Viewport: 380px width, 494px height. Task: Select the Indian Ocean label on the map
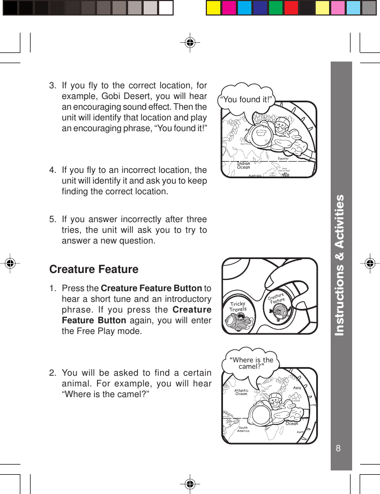click(x=243, y=165)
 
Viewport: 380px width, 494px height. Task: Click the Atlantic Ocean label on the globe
click(x=242, y=392)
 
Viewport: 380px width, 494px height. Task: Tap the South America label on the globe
click(x=243, y=429)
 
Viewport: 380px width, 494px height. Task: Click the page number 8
click(x=338, y=448)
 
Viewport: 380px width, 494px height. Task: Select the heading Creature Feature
click(x=94, y=269)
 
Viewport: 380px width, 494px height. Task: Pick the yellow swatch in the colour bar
click(x=214, y=8)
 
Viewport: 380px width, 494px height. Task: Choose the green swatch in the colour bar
click(x=275, y=8)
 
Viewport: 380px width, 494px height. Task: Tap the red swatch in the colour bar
click(x=291, y=8)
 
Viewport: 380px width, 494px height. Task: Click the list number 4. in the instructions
click(x=53, y=170)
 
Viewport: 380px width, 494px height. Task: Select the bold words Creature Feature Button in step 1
click(x=152, y=289)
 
